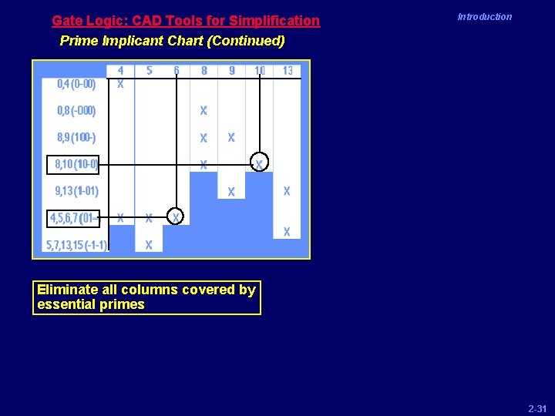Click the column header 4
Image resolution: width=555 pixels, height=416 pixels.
(x=120, y=71)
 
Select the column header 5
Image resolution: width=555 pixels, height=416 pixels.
(x=149, y=71)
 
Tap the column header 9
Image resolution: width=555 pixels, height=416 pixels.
(x=231, y=71)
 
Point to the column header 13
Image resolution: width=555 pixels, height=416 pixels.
(x=287, y=71)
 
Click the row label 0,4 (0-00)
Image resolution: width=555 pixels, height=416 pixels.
(x=76, y=84)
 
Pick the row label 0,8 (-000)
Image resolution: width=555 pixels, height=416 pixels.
(x=76, y=111)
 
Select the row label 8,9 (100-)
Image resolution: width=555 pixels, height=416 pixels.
(x=76, y=138)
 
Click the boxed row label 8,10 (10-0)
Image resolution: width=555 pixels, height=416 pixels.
(x=76, y=164)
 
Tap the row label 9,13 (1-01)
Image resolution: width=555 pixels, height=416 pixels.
(x=76, y=191)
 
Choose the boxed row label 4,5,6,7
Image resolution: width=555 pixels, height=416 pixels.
(x=75, y=219)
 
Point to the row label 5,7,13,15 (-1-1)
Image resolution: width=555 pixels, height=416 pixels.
(x=76, y=245)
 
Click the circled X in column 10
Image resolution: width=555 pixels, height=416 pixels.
(x=260, y=163)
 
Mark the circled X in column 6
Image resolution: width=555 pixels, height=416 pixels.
(x=176, y=218)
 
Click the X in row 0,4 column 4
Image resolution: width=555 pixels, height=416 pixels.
(x=120, y=85)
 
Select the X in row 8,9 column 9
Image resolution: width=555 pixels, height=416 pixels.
(x=231, y=138)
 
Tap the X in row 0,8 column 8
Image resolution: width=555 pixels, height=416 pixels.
(x=203, y=111)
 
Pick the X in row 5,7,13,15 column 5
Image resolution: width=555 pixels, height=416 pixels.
(x=149, y=245)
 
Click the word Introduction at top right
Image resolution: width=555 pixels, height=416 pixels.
(x=484, y=17)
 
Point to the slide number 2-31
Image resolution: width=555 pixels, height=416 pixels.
(x=536, y=407)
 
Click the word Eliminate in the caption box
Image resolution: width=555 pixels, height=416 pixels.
(x=67, y=290)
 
